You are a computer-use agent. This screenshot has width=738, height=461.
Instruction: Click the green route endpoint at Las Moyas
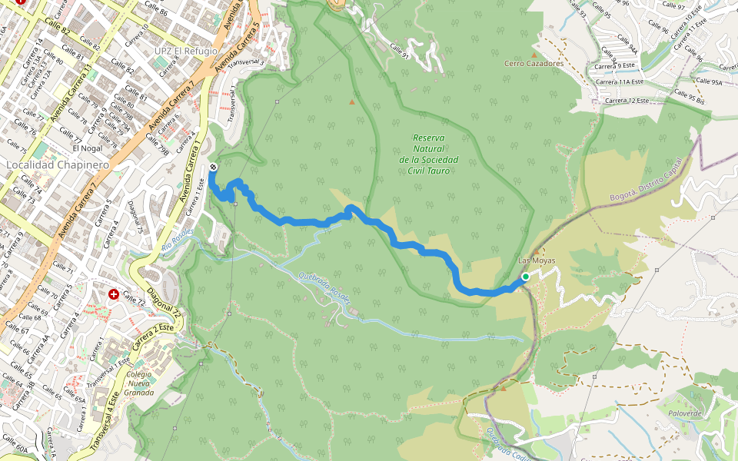click(525, 277)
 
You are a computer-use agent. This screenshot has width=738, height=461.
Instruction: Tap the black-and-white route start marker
click(213, 167)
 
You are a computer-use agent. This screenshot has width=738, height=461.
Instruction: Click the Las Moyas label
click(537, 260)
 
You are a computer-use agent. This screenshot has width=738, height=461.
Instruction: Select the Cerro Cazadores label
click(534, 64)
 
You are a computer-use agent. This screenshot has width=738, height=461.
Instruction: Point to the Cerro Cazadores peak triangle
click(534, 55)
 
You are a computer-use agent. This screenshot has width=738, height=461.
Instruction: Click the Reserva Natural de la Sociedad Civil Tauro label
click(429, 154)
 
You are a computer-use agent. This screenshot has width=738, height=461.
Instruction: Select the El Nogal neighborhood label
click(86, 148)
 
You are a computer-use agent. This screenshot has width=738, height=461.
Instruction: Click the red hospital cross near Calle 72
click(114, 294)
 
